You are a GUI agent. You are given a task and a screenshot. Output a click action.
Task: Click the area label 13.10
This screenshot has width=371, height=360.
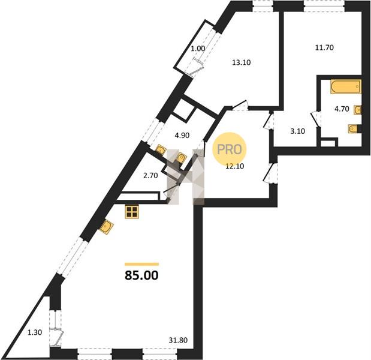pyautogui.click(x=242, y=62)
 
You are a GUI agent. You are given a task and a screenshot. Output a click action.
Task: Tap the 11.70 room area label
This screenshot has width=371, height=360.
pyautogui.click(x=324, y=47)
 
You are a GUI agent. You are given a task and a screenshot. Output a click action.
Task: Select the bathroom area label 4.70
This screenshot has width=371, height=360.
pyautogui.click(x=342, y=109)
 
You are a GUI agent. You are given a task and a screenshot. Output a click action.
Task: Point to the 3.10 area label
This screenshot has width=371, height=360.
pyautogui.click(x=298, y=131)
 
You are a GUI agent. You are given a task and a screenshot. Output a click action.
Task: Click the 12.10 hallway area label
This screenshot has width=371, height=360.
pyautogui.click(x=235, y=166)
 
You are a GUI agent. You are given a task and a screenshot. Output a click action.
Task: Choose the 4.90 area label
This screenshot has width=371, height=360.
pyautogui.click(x=182, y=136)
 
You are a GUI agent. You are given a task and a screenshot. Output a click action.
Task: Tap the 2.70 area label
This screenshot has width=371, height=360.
pyautogui.click(x=150, y=176)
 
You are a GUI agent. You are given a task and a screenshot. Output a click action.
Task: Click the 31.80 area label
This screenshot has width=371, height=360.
pyautogui.click(x=178, y=340)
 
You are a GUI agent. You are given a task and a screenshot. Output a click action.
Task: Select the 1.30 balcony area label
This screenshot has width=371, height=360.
pyautogui.click(x=35, y=333)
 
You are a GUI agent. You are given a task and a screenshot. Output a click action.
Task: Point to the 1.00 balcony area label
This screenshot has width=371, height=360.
pyautogui.click(x=198, y=49)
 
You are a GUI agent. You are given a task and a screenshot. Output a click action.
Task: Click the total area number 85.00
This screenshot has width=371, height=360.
pyautogui.click(x=141, y=275)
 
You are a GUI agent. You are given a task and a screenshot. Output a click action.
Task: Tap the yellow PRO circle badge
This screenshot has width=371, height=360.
pyautogui.click(x=229, y=149)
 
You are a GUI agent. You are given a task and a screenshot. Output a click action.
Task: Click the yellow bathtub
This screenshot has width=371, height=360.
pyautogui.click(x=346, y=87)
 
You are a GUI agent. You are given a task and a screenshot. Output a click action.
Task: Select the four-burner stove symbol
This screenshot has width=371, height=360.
pyautogui.click(x=132, y=212)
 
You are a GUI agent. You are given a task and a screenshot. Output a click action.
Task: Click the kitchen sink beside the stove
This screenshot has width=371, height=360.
pyautogui.click(x=107, y=227)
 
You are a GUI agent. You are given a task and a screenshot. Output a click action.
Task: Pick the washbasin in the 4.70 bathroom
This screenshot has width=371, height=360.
pyautogui.click(x=357, y=110)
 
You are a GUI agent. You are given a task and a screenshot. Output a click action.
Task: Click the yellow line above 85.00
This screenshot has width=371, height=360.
pyautogui.click(x=141, y=264)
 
